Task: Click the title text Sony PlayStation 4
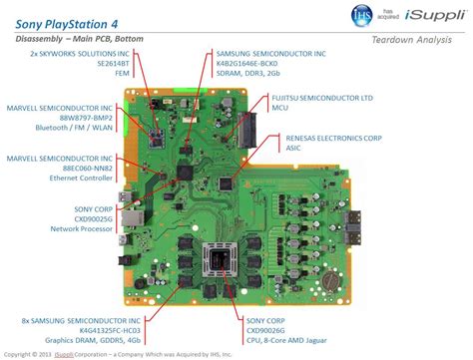coord(71,18)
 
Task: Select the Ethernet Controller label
coord(73,178)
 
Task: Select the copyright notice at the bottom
coord(130,353)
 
